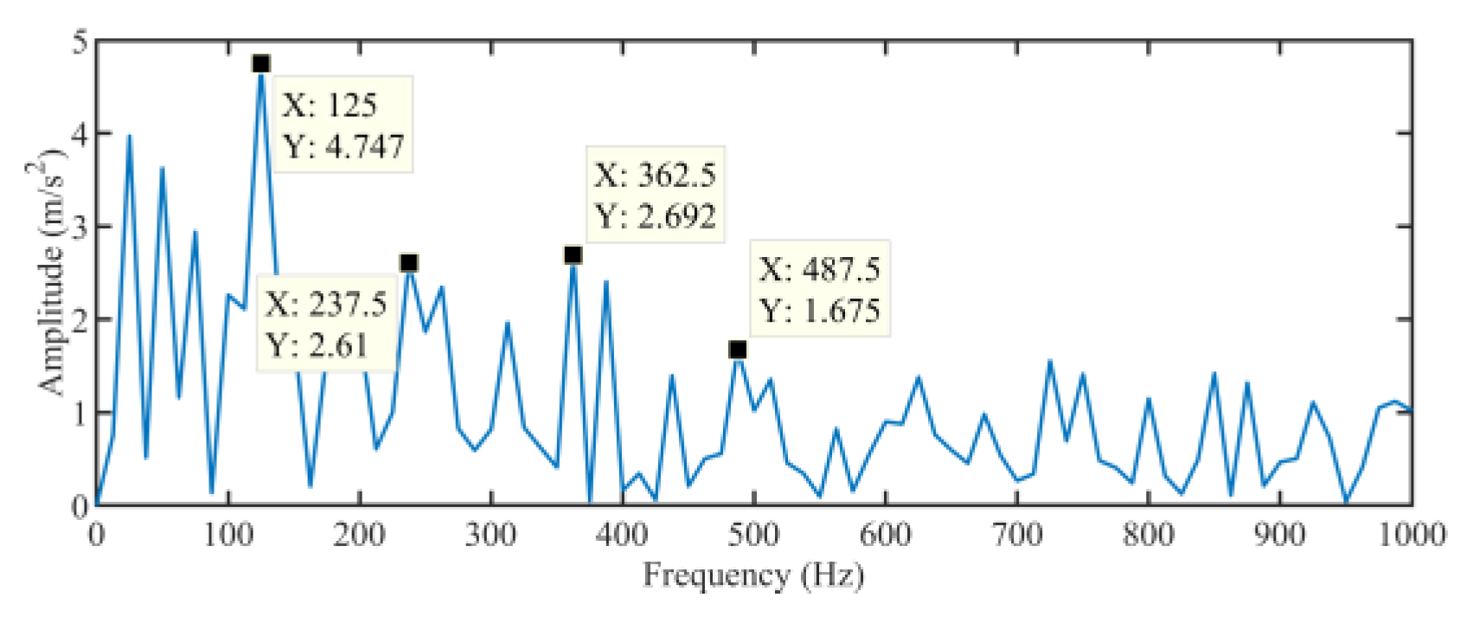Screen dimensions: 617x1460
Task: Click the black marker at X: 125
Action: pos(261,64)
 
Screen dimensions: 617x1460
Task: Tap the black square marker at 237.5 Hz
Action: pos(409,263)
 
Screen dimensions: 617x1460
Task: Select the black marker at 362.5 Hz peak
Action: pos(573,255)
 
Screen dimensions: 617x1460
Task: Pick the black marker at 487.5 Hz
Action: pos(737,350)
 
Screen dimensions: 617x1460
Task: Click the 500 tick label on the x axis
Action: pos(753,534)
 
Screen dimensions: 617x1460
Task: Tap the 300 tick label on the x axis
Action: pos(490,534)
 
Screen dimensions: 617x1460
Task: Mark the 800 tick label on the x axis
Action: pos(1148,534)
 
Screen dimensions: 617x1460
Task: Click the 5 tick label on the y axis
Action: pos(80,42)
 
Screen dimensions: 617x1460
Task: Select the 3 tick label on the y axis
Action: pos(80,227)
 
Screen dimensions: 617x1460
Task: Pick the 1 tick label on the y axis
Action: pos(80,413)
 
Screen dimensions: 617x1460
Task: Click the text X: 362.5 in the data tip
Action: pos(655,175)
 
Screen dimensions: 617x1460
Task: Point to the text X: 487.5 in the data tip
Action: pos(820,269)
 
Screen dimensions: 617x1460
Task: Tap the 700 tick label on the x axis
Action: pos(1016,534)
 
